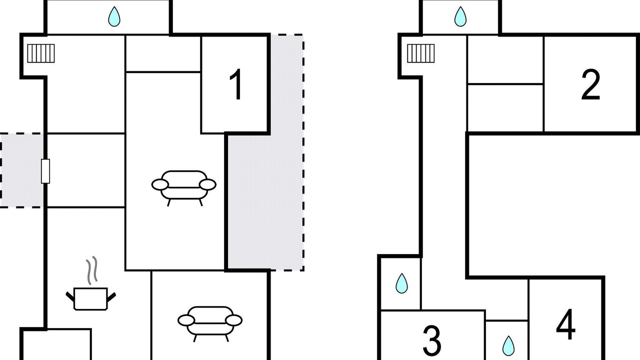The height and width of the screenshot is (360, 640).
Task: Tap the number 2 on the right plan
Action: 590,84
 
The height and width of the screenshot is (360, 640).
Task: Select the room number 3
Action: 431,340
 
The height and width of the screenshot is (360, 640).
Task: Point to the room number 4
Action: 565,324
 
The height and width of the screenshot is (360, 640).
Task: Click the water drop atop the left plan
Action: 114,16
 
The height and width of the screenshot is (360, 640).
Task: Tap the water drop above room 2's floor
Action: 460,16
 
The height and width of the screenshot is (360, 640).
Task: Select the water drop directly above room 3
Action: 401,283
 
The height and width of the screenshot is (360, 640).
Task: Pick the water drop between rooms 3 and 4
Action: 508,346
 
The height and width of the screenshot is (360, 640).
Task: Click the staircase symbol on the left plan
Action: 41,53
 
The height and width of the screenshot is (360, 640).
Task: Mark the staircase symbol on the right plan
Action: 421,53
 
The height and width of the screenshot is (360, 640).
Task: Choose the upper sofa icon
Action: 183,187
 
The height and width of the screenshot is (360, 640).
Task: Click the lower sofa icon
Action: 210,323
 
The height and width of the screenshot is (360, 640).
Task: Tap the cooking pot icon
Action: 91,298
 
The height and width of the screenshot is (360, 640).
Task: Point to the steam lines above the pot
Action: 92,270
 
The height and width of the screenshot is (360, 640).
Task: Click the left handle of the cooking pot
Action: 70,296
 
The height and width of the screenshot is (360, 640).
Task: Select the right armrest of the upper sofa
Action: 207,184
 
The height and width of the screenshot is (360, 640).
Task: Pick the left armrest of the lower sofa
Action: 186,320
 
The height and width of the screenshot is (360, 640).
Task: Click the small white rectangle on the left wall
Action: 45,171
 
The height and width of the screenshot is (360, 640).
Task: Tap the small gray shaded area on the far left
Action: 21,170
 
